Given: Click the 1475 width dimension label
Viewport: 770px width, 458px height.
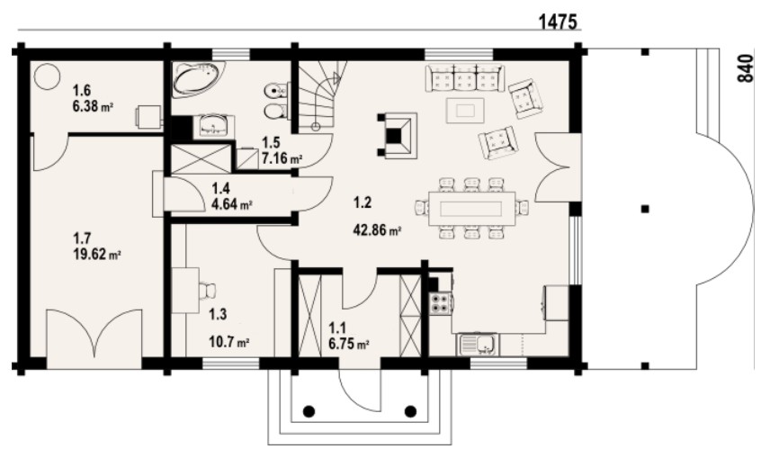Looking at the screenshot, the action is [558, 22].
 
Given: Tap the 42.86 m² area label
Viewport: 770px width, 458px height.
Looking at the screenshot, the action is [378, 229].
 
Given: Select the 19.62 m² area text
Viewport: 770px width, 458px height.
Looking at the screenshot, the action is [97, 255].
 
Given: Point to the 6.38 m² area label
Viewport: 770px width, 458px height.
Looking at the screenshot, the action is [94, 105].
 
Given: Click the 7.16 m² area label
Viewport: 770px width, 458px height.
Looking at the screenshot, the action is [282, 158].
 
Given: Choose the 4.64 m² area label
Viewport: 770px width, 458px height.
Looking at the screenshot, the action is [232, 204].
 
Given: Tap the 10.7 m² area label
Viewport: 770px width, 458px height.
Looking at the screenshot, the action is [228, 341].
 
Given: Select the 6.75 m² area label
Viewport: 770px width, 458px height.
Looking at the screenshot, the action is [349, 344].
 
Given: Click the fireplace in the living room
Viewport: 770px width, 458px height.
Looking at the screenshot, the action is [397, 136].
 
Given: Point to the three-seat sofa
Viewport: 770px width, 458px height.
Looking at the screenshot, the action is [464, 77].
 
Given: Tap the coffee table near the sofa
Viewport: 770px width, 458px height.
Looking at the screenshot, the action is [465, 111].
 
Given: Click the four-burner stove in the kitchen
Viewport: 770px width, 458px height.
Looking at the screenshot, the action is [441, 303].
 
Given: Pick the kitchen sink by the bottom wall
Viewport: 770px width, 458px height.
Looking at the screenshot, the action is [479, 344].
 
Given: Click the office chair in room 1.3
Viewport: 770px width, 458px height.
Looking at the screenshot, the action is [207, 290].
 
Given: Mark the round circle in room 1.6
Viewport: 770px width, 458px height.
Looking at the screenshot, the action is [47, 76].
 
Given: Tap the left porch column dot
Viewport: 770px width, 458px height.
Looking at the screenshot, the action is [309, 411].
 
